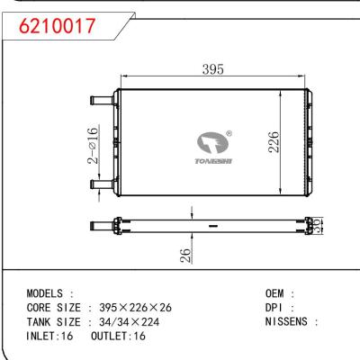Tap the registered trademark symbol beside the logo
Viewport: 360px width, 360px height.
tap(229, 134)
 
